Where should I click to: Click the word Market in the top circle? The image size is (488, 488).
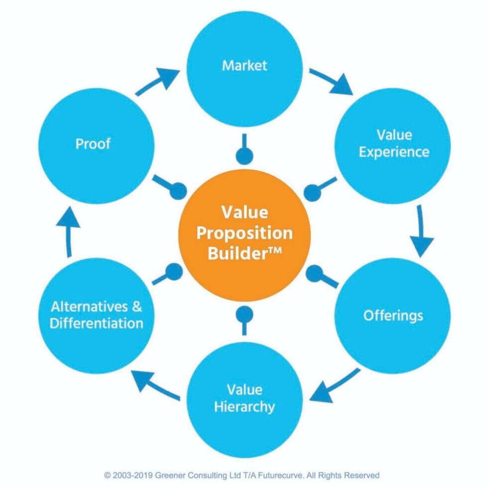pos(244,65)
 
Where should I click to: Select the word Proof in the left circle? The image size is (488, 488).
pos(93,144)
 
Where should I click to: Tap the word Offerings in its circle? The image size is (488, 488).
pos(393,315)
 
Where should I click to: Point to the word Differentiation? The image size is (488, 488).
pos(97,323)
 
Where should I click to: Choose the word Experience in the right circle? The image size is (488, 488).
pos(393,151)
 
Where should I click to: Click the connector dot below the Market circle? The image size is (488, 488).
pos(244,156)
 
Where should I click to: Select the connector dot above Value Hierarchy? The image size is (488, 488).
pos(244,314)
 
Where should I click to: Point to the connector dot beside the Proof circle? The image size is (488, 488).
pos(178,191)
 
